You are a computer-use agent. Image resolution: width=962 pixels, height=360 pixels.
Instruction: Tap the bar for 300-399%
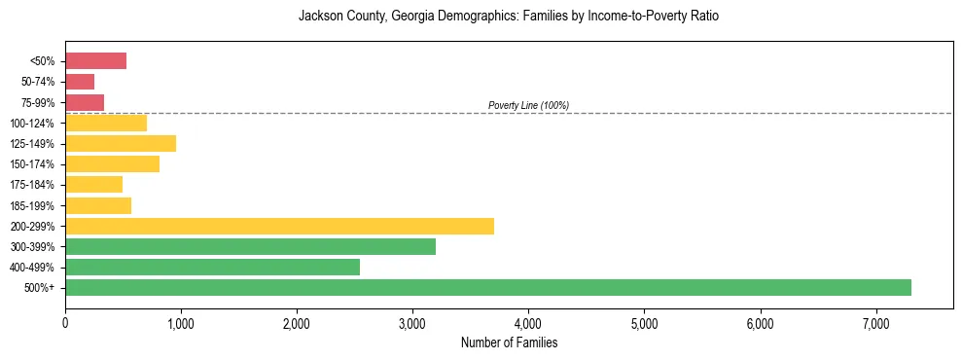250,246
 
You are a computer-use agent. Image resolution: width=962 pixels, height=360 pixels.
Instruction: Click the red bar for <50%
95,61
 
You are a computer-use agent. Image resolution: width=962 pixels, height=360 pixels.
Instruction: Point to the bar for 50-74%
80,82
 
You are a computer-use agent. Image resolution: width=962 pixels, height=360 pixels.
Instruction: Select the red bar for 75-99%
85,102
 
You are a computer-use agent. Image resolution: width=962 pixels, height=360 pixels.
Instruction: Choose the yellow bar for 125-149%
121,143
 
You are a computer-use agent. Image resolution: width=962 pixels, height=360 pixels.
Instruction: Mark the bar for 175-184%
93,184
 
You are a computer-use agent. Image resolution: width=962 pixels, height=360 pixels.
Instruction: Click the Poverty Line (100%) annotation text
528,105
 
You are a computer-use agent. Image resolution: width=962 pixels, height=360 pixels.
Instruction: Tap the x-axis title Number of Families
509,342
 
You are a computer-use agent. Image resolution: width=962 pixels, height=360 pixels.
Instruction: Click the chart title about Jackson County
509,17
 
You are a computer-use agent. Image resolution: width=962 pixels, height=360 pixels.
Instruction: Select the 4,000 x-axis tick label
528,323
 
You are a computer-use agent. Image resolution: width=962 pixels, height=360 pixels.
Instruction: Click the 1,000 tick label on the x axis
181,323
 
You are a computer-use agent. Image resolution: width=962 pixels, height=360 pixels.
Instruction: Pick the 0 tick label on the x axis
65,323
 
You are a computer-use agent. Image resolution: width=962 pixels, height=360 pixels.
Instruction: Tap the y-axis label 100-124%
33,124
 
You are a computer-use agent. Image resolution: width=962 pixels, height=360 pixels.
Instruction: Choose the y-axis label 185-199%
33,205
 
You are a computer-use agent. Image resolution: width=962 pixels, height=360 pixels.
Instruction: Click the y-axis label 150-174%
33,164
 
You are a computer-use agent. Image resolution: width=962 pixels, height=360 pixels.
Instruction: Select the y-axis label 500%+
40,288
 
